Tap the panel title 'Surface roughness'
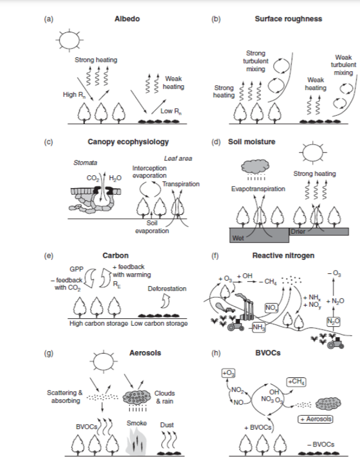[288, 19]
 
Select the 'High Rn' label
[73, 95]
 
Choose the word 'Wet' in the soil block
[238, 238]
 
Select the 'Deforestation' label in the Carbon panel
[167, 289]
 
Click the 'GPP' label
[76, 268]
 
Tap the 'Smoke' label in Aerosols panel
[136, 422]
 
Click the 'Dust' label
[167, 425]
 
